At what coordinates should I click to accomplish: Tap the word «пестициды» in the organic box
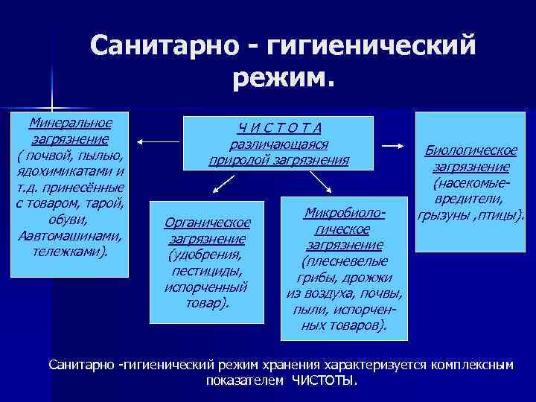click(207, 271)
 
